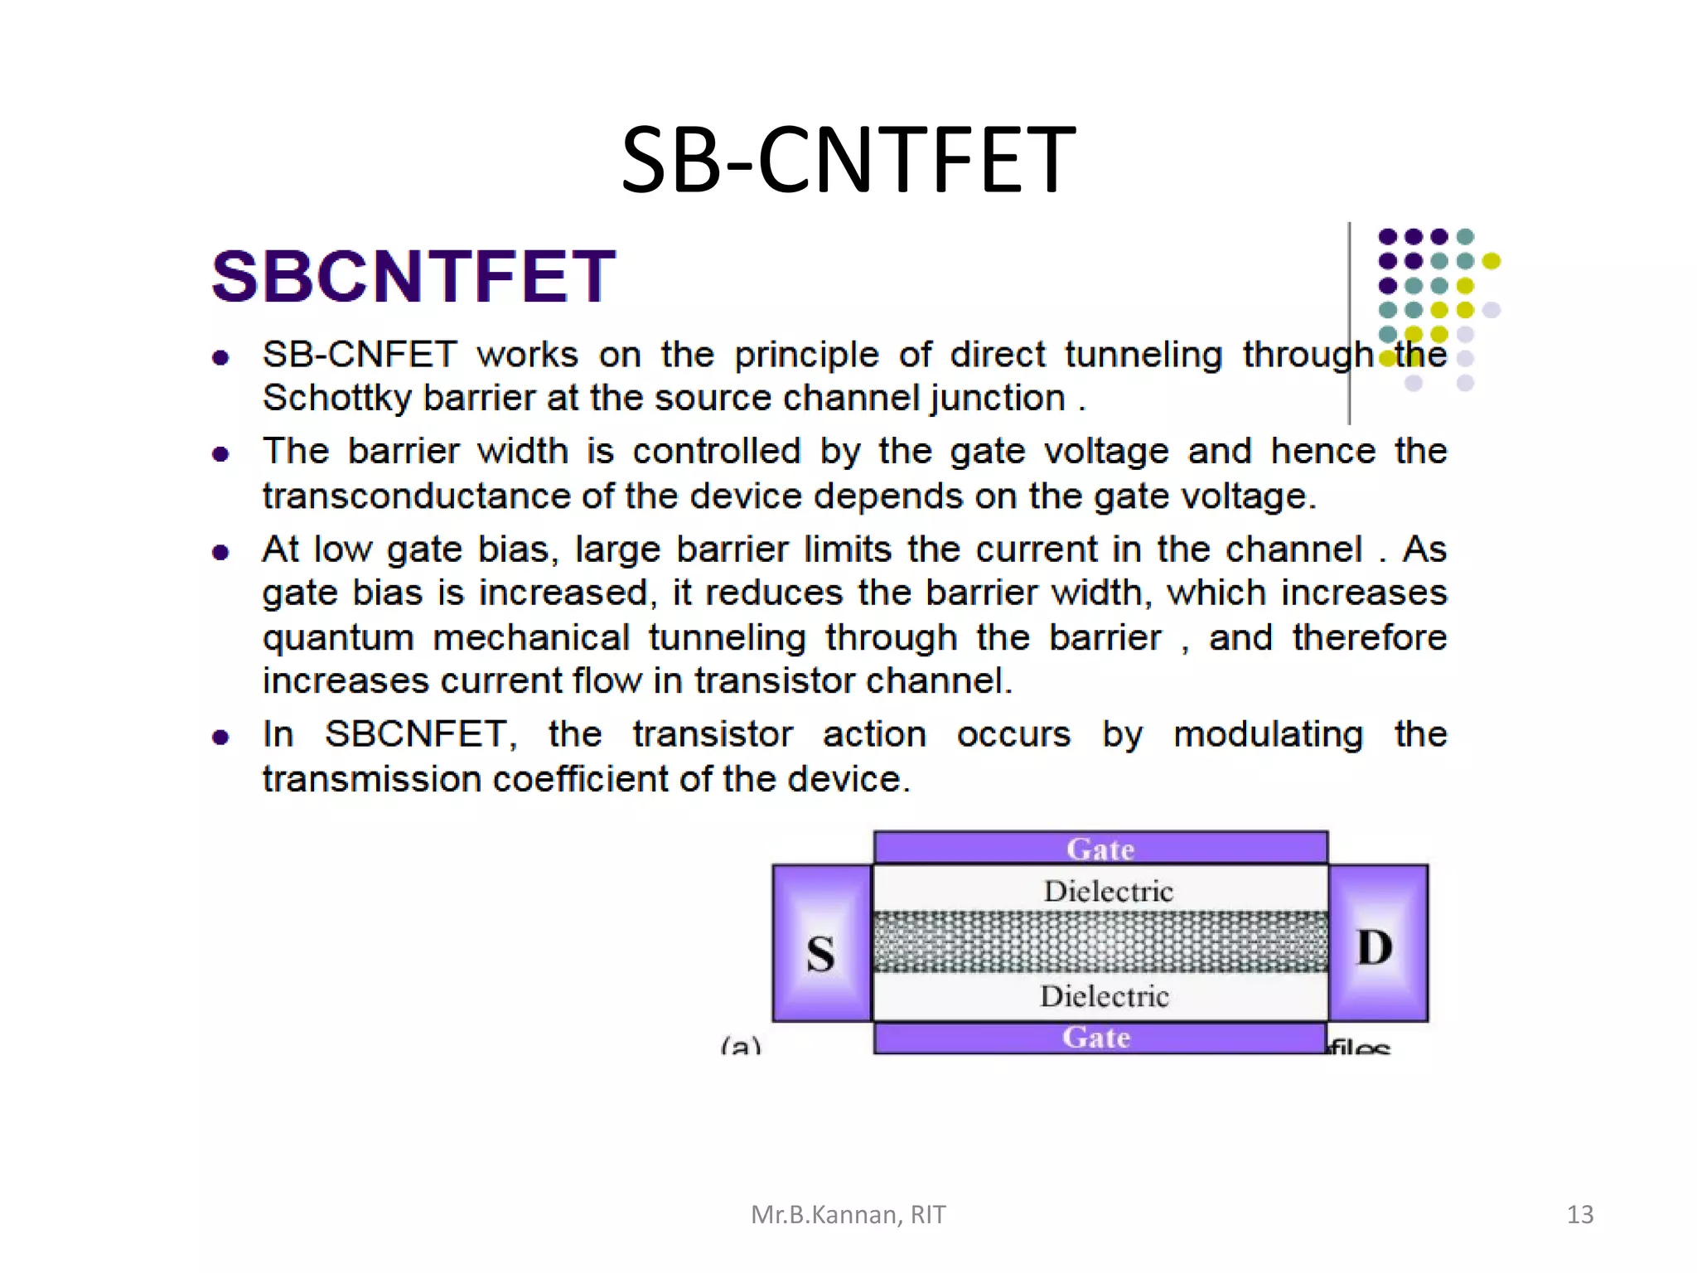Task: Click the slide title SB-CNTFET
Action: pyautogui.click(x=848, y=159)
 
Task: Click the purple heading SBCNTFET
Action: pyautogui.click(x=413, y=276)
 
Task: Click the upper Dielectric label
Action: pyautogui.click(x=1108, y=891)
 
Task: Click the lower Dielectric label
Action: pyautogui.click(x=1104, y=995)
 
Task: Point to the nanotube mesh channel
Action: pyautogui.click(x=1100, y=942)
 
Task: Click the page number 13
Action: pyautogui.click(x=1579, y=1214)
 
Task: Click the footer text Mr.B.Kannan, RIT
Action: pyautogui.click(x=848, y=1214)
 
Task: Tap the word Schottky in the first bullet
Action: pyautogui.click(x=336, y=399)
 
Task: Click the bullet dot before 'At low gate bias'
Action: pyautogui.click(x=220, y=552)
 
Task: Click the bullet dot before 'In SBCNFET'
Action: pyautogui.click(x=220, y=737)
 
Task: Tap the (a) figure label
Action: pyautogui.click(x=740, y=1046)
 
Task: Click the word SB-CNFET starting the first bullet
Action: pyautogui.click(x=360, y=355)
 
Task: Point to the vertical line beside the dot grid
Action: pyautogui.click(x=1349, y=323)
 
